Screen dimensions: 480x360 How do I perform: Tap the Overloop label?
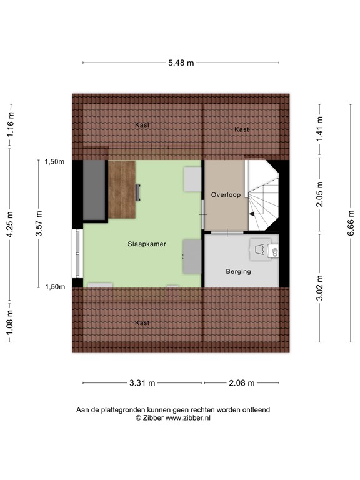(x=226, y=195)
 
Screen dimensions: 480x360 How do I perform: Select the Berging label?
(x=238, y=271)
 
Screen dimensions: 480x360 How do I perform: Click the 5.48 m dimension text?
(x=181, y=62)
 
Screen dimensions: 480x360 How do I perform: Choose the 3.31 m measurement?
(x=142, y=383)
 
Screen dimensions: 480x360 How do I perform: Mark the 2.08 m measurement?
(x=241, y=383)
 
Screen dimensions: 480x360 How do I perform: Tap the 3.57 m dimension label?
(x=39, y=224)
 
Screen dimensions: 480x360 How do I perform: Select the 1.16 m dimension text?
(x=11, y=124)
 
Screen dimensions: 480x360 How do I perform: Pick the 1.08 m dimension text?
(x=11, y=326)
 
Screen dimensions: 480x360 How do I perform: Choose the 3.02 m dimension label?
(x=320, y=288)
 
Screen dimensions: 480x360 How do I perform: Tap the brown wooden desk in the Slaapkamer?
(x=122, y=189)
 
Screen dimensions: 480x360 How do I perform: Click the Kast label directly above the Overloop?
(x=242, y=129)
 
